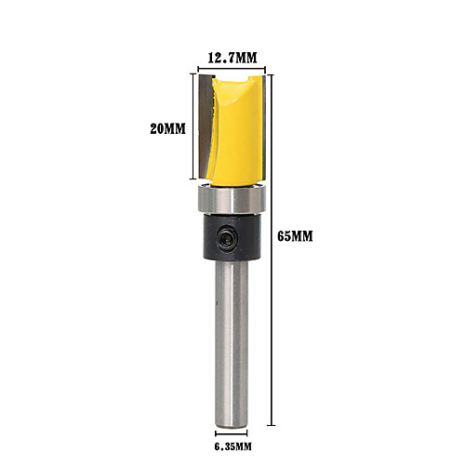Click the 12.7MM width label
pos(232,58)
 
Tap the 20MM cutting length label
pos(167,128)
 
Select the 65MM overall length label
pos(295,236)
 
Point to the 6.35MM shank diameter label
pos(232,446)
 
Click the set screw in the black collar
pos(228,238)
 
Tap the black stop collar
pos(232,237)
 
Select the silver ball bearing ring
pos(232,199)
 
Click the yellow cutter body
pos(236,130)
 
